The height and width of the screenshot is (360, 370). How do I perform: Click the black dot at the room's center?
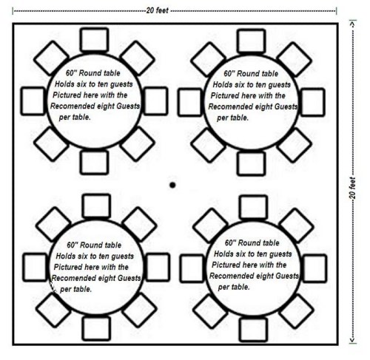tap(172, 185)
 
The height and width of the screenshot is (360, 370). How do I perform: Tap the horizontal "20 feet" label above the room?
tap(158, 10)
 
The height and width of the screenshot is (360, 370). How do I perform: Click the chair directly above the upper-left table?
tap(95, 40)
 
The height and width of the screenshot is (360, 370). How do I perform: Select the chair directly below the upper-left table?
tap(95, 163)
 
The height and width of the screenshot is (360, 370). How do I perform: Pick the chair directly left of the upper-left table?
tap(33, 101)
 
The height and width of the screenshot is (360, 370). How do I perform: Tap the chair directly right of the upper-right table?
tap(312, 102)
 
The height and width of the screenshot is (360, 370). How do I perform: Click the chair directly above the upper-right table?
tap(252, 41)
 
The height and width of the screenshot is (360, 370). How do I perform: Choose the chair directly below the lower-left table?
tap(96, 329)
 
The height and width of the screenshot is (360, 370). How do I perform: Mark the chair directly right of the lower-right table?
tap(314, 268)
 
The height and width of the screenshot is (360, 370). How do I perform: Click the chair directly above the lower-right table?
tap(253, 207)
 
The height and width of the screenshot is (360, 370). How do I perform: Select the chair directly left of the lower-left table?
tap(35, 268)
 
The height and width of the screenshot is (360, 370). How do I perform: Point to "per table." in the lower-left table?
tap(76, 289)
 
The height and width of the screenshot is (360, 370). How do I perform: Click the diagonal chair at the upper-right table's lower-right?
tap(295, 146)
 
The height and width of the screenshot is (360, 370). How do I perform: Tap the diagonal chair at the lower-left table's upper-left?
tap(53, 224)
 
